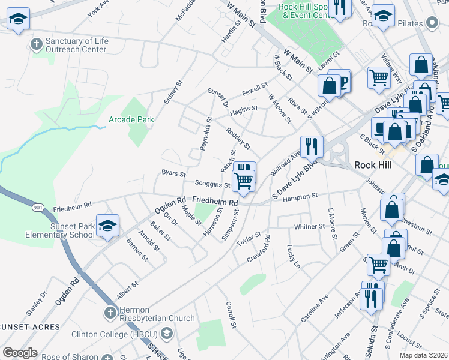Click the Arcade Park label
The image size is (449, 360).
coord(131,119)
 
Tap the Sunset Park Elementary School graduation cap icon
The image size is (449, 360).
coord(108,226)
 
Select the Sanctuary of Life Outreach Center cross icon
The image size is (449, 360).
coord(37,44)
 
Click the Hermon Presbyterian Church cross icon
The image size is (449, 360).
coord(110,313)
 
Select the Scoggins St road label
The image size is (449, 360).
coord(212,184)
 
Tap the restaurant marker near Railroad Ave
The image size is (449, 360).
coord(311,146)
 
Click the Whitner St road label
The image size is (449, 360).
coord(309,227)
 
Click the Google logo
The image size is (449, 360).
coord(20,353)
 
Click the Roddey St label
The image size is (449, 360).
coord(238,139)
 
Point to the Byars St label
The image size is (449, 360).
coord(173,173)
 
